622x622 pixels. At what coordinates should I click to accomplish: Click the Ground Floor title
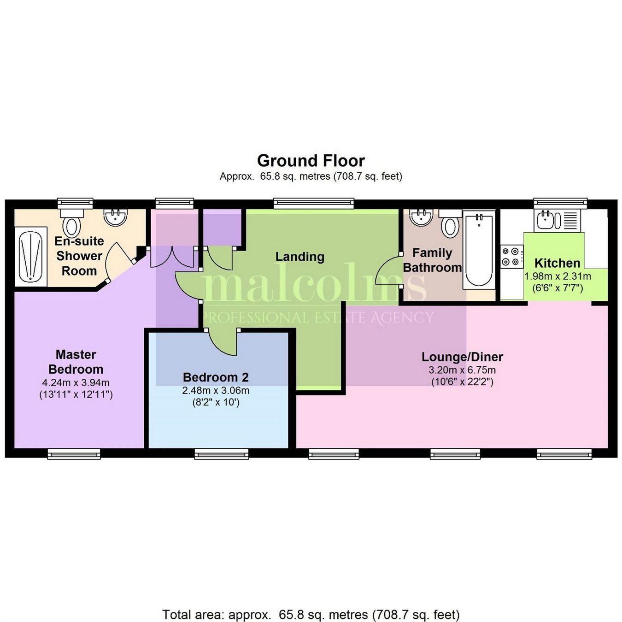(311, 161)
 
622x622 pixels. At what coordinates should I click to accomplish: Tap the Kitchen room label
(557, 263)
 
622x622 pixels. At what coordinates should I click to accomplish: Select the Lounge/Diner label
(462, 357)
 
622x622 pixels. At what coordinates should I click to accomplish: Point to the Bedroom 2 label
(216, 377)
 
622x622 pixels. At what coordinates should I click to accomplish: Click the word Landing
(299, 257)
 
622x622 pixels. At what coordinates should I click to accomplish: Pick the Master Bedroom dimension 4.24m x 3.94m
(76, 382)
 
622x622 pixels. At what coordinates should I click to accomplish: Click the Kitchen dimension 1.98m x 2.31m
(557, 276)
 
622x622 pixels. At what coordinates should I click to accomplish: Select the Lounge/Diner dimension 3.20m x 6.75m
(462, 370)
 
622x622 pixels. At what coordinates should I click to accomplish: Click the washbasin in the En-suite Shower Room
(115, 217)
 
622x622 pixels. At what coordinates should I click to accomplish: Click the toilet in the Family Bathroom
(450, 224)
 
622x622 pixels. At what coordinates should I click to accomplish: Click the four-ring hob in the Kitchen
(512, 257)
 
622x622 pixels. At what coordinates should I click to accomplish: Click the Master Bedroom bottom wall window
(74, 454)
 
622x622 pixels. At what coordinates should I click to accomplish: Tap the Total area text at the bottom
(311, 615)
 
